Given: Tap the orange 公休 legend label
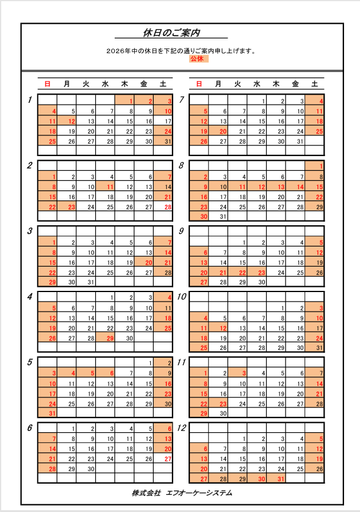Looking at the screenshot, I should [x=196, y=59].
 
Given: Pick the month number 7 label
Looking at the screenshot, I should [x=181, y=99].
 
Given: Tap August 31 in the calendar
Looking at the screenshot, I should [x=223, y=216].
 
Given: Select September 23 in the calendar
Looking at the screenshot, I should [x=261, y=272].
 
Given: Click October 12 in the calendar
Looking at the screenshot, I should [x=223, y=328].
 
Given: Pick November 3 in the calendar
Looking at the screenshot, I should [x=242, y=373].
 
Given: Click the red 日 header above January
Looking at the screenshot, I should [x=47, y=84].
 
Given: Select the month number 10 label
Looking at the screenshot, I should [x=183, y=296].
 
